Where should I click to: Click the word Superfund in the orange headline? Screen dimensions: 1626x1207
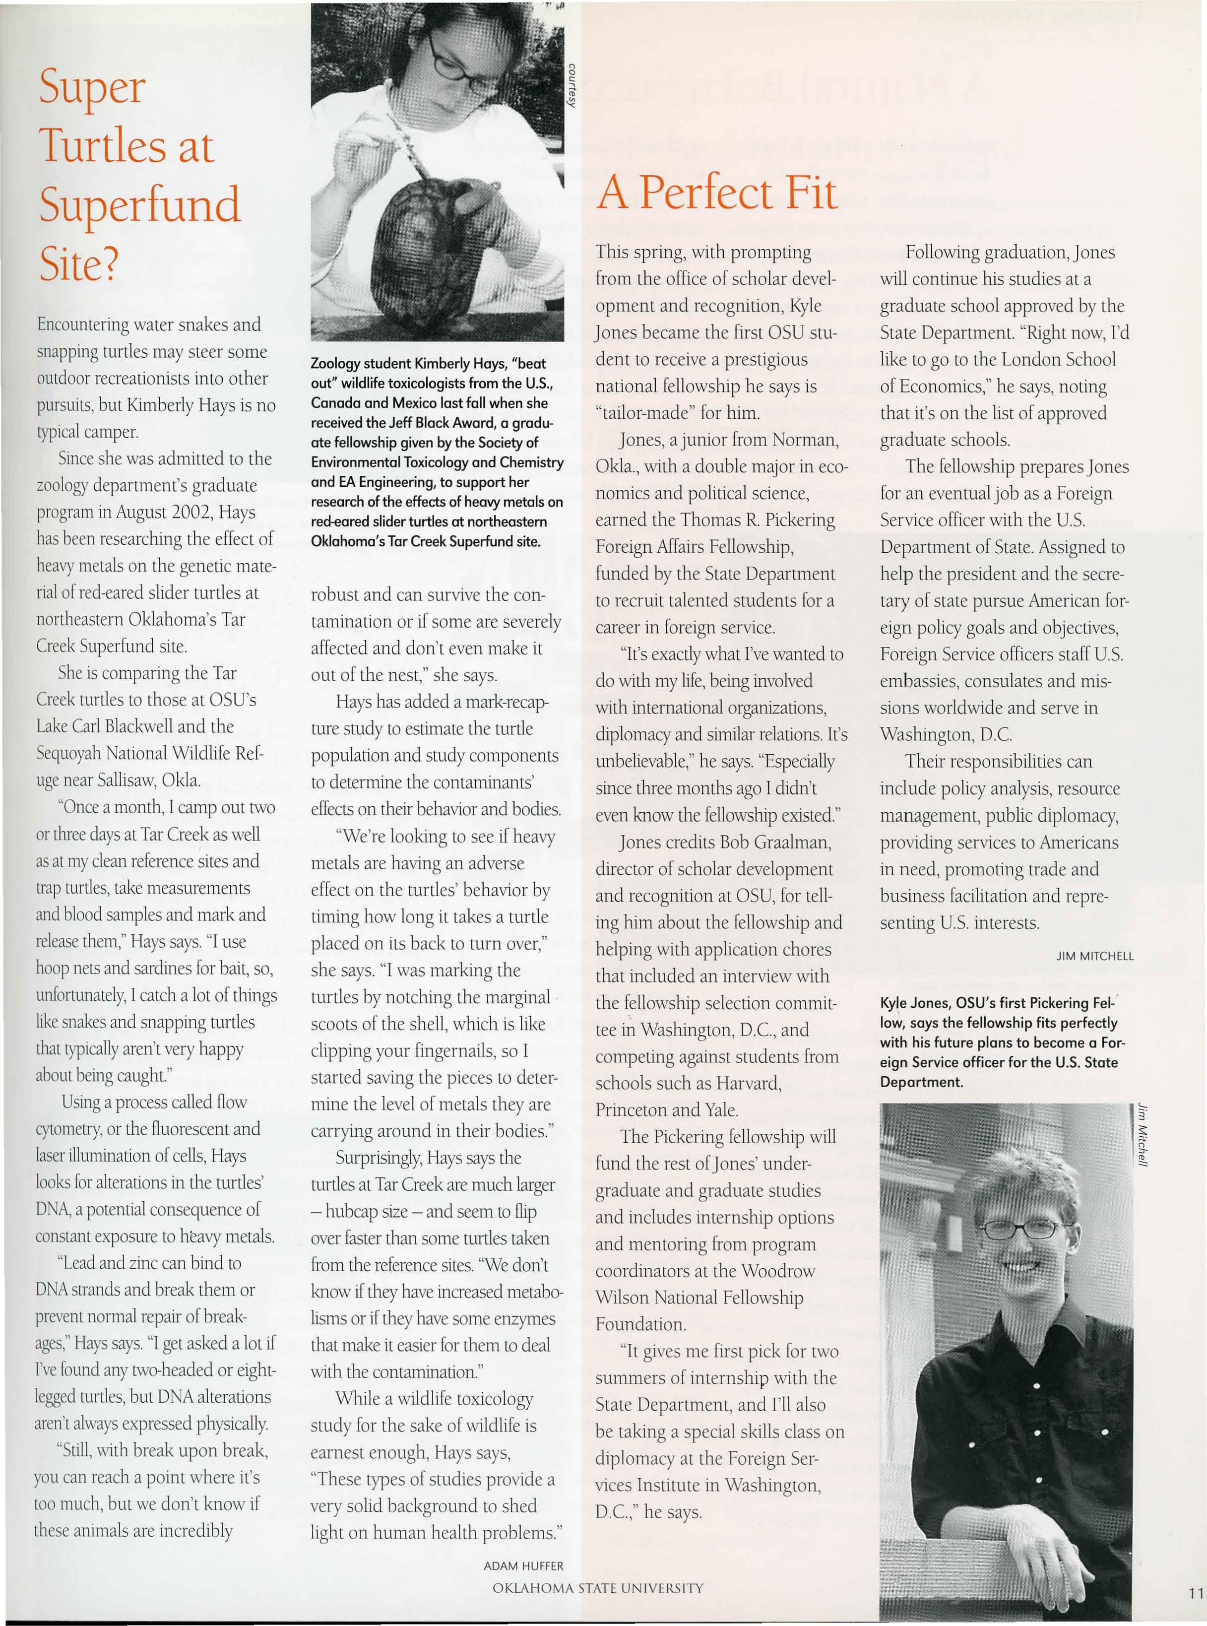(x=139, y=205)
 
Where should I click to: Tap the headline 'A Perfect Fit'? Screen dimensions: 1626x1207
(x=716, y=193)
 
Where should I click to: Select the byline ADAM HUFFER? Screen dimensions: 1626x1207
(x=523, y=1565)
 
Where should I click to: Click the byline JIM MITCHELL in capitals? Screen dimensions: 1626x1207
(x=1094, y=956)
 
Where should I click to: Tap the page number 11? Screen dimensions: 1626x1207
(x=1195, y=1594)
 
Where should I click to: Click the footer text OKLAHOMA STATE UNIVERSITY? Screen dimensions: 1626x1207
(x=598, y=1588)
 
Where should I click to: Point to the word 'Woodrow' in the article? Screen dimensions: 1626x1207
(x=777, y=1271)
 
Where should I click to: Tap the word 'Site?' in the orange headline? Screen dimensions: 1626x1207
(x=78, y=264)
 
